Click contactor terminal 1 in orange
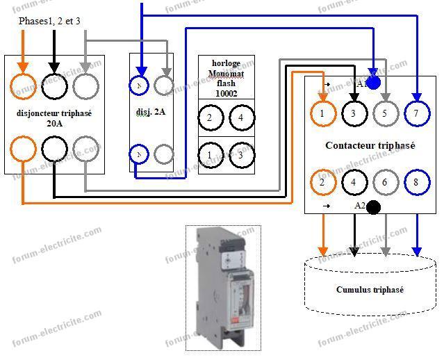pos(322,113)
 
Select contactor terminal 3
pos(353,113)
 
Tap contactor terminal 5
pos(384,113)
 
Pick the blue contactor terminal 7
pos(416,113)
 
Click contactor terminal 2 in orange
pos(322,183)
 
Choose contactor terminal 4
pos(353,183)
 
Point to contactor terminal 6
pos(384,183)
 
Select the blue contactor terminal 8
pos(416,183)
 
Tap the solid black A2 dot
pos(373,207)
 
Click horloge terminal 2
pos(210,117)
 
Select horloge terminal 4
pos(241,117)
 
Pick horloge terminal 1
pos(210,154)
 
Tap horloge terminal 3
pos(241,154)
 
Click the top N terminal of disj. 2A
pos(140,85)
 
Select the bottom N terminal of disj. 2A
pos(140,154)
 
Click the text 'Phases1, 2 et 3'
pos(49,22)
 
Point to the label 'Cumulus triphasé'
pos(370,290)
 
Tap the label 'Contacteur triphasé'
pos(370,146)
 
